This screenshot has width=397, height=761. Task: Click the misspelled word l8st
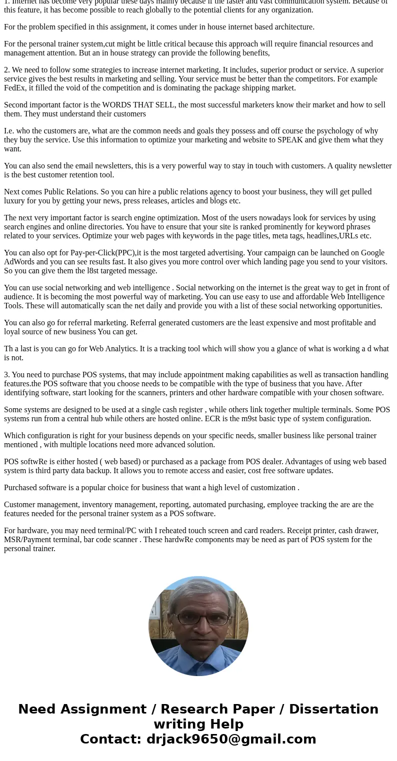[93, 271]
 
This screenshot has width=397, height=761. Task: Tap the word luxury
[15, 201]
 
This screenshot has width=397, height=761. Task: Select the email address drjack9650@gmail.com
[231, 739]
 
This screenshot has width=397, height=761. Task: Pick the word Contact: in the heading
[111, 739]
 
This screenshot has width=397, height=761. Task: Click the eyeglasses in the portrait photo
[198, 618]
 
